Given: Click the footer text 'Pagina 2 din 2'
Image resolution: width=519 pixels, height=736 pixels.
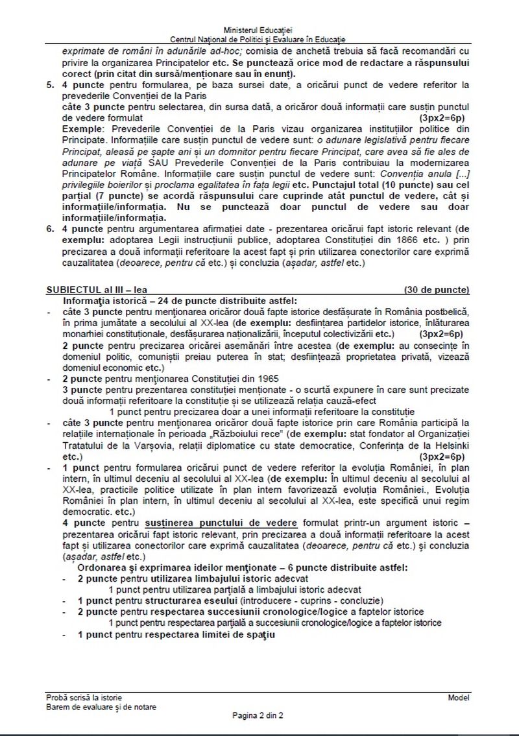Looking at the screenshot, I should click(x=259, y=716).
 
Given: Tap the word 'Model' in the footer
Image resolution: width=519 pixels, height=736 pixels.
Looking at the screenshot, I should click(x=458, y=697).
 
